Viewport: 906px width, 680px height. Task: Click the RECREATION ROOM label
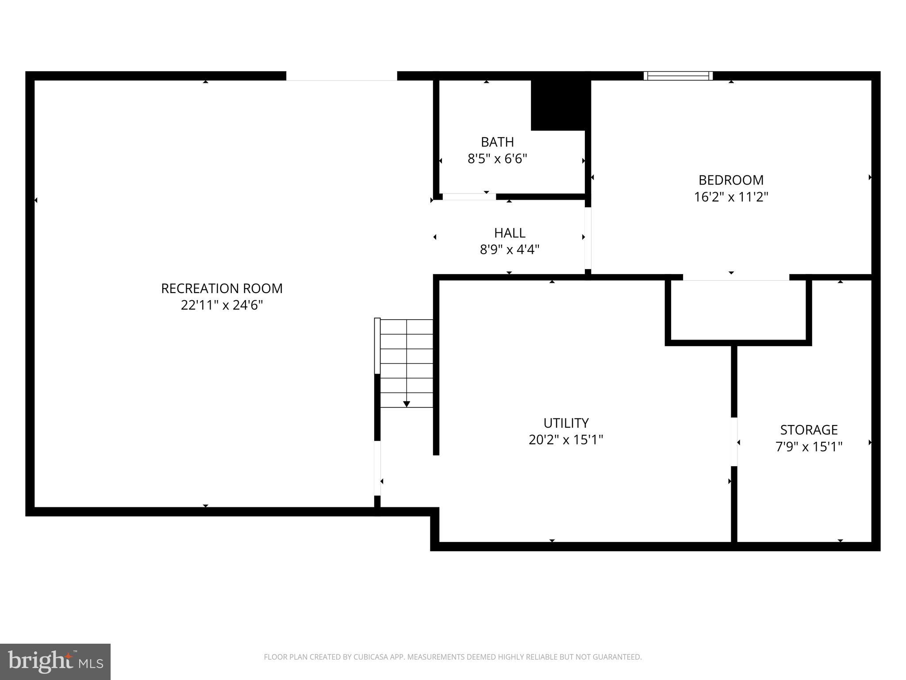(222, 289)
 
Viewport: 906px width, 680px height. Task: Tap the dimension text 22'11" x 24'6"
(222, 305)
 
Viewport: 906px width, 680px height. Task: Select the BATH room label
(497, 142)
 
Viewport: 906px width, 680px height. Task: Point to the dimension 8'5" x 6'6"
(497, 159)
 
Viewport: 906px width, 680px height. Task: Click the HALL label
(510, 233)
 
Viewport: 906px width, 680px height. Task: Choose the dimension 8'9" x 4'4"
(510, 250)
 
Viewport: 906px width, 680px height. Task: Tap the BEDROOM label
(731, 180)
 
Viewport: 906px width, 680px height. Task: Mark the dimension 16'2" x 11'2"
(731, 197)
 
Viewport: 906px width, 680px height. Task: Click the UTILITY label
(566, 423)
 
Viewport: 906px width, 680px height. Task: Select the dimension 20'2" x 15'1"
(566, 440)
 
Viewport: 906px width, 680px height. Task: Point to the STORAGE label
(809, 430)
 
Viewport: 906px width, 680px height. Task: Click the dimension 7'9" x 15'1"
(809, 447)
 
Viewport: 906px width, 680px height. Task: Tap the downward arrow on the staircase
(407, 404)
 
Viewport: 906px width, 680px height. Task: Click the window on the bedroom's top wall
(678, 76)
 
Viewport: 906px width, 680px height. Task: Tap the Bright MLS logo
(55, 661)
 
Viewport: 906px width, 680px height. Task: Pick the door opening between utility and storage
(734, 441)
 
